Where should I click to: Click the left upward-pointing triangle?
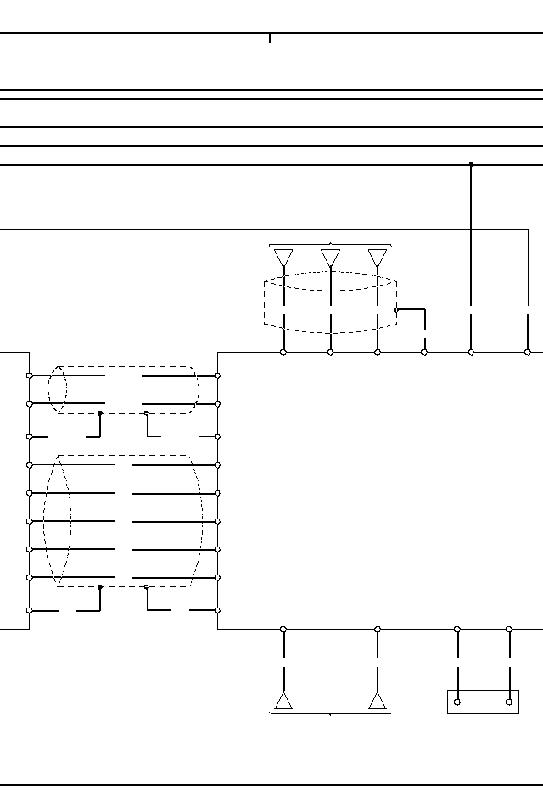pyautogui.click(x=283, y=701)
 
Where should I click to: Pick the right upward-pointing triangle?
pyautogui.click(x=378, y=701)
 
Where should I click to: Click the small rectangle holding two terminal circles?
pyautogui.click(x=483, y=702)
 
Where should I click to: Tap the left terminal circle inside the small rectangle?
pyautogui.click(x=457, y=702)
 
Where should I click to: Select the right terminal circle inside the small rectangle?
pyautogui.click(x=509, y=702)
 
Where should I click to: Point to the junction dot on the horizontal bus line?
pyautogui.click(x=472, y=164)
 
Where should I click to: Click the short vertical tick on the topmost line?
pyautogui.click(x=270, y=38)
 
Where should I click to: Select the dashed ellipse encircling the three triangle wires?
pyautogui.click(x=330, y=281)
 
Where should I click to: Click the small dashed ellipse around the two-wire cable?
pyautogui.click(x=57, y=390)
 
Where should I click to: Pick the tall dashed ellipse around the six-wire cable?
pyautogui.click(x=57, y=521)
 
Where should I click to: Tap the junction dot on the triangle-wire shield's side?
pyautogui.click(x=396, y=310)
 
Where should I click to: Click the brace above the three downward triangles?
pyautogui.click(x=330, y=245)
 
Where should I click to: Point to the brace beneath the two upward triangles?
pyautogui.click(x=330, y=713)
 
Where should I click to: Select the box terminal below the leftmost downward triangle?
pyautogui.click(x=283, y=352)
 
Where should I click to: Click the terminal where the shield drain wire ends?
pyautogui.click(x=424, y=352)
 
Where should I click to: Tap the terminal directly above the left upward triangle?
pyautogui.click(x=283, y=630)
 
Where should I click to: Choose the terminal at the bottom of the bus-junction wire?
pyautogui.click(x=472, y=352)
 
